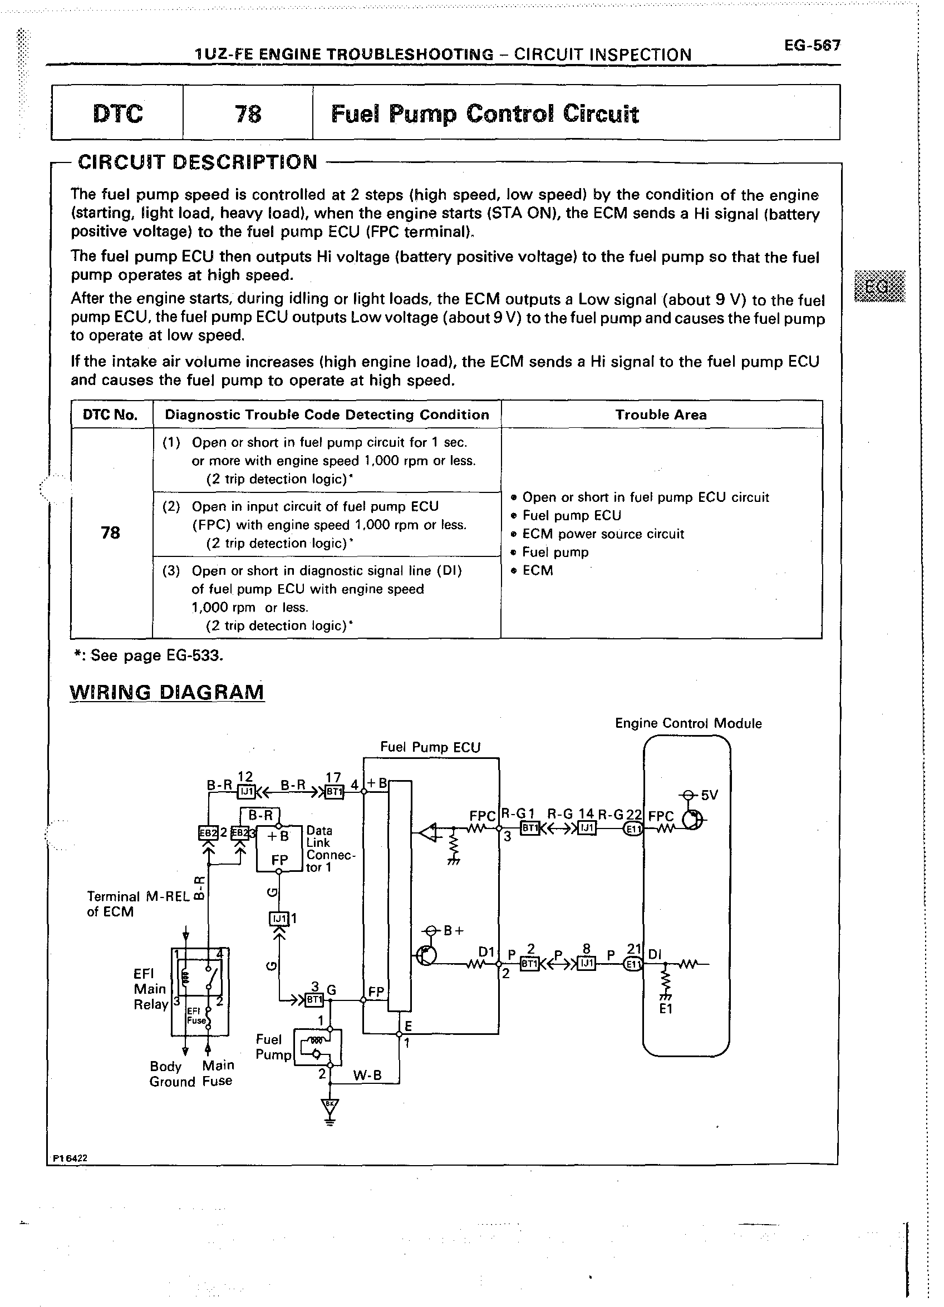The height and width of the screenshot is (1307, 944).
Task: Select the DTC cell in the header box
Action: click(x=117, y=113)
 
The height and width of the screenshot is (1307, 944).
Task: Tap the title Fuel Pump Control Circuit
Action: click(x=485, y=114)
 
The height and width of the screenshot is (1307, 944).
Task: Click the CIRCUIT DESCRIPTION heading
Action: click(x=198, y=162)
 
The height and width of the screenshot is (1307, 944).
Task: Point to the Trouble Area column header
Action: click(x=661, y=415)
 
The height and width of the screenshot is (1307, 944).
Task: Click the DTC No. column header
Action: click(x=111, y=415)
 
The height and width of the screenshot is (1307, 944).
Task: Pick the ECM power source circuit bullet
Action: click(x=603, y=534)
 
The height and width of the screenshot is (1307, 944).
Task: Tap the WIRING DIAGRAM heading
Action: click(x=166, y=692)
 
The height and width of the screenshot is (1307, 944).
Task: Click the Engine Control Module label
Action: click(x=688, y=723)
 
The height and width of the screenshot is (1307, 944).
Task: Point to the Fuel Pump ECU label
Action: click(x=430, y=747)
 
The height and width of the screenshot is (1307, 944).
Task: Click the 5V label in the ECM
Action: click(x=710, y=795)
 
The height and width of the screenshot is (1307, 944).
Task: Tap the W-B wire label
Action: click(x=367, y=1076)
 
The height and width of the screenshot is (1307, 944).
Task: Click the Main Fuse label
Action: click(x=218, y=1073)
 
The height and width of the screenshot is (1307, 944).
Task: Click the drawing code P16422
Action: click(x=70, y=1158)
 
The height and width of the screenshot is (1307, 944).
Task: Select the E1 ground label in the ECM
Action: click(x=666, y=1008)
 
